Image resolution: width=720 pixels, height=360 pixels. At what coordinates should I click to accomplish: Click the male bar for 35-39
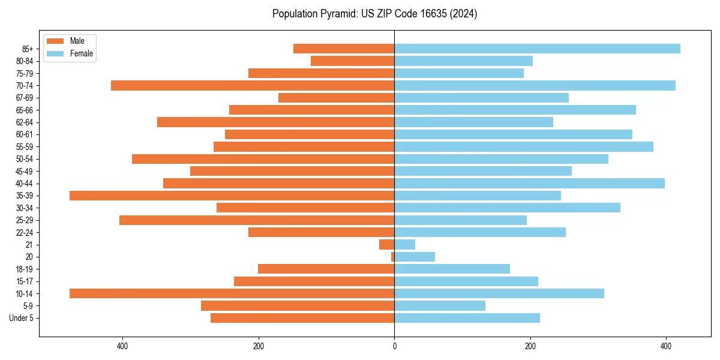232,196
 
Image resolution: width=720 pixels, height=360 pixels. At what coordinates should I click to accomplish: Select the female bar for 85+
537,49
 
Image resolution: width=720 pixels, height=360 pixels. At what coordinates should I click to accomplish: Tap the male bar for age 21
387,245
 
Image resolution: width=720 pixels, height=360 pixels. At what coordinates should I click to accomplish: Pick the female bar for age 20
415,257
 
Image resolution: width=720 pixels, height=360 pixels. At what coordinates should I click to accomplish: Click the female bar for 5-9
440,306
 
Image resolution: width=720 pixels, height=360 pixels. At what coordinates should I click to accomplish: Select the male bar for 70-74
253,85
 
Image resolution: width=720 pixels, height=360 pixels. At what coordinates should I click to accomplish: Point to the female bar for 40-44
529,183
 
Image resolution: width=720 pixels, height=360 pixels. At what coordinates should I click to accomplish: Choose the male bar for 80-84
352,61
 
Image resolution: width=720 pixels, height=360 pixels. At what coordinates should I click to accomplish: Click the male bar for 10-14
232,293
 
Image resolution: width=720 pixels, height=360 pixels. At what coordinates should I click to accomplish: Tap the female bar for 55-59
524,146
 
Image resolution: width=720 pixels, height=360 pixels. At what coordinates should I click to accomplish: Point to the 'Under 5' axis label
21,318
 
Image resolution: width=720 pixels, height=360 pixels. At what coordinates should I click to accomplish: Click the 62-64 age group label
25,122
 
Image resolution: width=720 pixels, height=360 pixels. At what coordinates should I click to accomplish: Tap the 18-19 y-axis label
25,269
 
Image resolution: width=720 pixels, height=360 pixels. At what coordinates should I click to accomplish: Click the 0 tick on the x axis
394,346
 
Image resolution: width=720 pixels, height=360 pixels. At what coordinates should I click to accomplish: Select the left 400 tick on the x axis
122,346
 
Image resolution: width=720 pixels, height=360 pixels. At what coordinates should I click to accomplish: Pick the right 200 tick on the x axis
530,346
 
